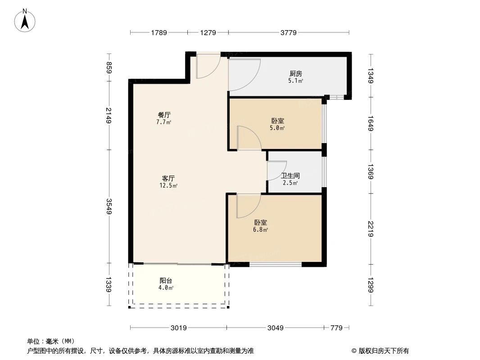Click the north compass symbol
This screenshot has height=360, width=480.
click(x=26, y=20)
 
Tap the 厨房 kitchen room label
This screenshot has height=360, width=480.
click(x=295, y=74)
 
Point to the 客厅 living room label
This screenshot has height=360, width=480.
click(x=168, y=178)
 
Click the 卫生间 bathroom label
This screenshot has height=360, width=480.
click(x=290, y=176)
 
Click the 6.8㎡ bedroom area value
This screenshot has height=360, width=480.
click(x=261, y=230)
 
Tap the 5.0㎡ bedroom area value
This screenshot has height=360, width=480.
click(x=277, y=128)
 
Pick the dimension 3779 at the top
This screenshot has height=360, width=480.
click(x=288, y=32)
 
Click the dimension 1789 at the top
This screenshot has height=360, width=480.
click(x=158, y=32)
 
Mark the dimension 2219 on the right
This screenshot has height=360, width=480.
click(x=371, y=229)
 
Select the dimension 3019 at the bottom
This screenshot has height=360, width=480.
click(x=178, y=328)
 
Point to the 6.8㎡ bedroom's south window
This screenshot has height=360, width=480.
click(x=276, y=264)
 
